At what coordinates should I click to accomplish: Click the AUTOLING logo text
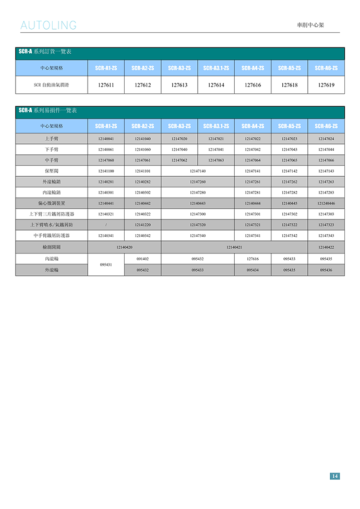[x=49, y=26]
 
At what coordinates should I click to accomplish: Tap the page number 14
[x=334, y=476]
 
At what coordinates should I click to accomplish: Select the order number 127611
[x=106, y=85]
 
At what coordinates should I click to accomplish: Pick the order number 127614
[x=216, y=85]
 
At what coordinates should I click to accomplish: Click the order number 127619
[x=326, y=85]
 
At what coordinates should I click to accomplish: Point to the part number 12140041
[x=106, y=139]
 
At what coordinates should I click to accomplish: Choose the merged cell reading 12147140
[x=198, y=171]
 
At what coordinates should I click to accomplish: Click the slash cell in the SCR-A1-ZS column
[x=106, y=225]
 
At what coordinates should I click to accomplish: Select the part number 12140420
[x=124, y=247]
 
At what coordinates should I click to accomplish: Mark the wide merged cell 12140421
[x=234, y=247]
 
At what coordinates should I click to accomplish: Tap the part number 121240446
[x=326, y=203]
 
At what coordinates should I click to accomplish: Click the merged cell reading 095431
[x=106, y=264]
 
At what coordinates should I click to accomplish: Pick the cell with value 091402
[x=142, y=259]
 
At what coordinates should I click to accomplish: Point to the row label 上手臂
[x=52, y=139]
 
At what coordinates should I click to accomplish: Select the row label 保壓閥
[x=52, y=171]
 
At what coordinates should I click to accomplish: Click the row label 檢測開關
[x=52, y=247]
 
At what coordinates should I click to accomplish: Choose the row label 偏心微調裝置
[x=52, y=203]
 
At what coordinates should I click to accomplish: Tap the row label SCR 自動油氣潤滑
[x=52, y=85]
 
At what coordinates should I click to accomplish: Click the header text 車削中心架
[x=310, y=25]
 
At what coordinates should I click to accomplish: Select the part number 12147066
[x=326, y=160]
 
